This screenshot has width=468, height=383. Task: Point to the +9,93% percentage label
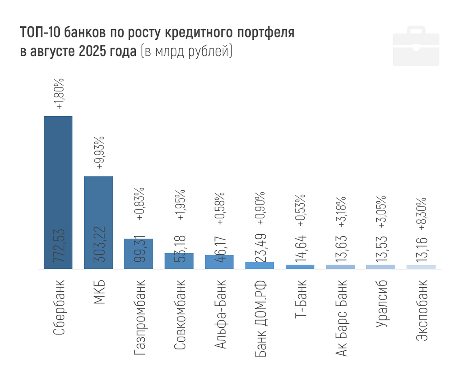pyautogui.click(x=100, y=152)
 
